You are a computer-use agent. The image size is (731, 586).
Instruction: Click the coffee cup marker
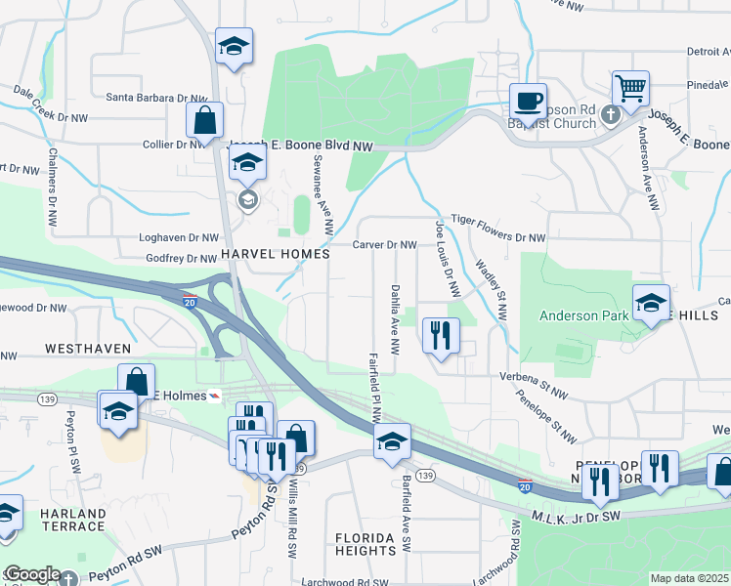coord(530,101)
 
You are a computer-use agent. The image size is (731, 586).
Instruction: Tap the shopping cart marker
coord(630,89)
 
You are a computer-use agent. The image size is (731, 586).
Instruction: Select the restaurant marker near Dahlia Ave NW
coord(441,337)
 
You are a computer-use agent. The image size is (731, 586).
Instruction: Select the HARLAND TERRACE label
coord(72,520)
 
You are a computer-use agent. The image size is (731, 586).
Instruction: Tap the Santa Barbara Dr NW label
coord(157,99)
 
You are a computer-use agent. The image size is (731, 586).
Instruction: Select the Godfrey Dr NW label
coord(180,259)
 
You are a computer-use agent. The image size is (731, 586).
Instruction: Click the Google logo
coord(31,574)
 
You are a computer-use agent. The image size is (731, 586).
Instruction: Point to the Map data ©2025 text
coord(689,578)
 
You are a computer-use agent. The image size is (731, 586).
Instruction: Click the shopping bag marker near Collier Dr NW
coord(204,124)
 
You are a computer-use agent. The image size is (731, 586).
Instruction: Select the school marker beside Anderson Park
coord(650,304)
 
